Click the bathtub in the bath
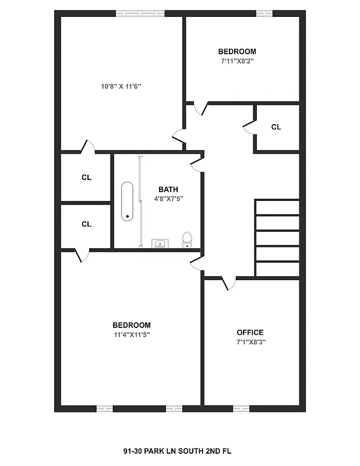coord(127,202)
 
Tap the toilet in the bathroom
coord(187,239)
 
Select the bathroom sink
coord(159,243)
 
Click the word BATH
coord(168,189)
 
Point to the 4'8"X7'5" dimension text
coord(168,199)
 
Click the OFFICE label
coord(250,333)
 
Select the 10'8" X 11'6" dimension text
coord(121,86)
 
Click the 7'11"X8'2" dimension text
coord(237,61)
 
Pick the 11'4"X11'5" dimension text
coord(132,334)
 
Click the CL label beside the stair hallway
coord(276,127)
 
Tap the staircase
coord(277,238)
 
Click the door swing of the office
coord(229,283)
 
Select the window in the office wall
coord(241,408)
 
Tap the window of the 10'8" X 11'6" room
coord(140,13)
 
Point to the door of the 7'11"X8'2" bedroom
coord(200,109)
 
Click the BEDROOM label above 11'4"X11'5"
coord(132,325)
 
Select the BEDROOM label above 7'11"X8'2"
coord(237,51)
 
